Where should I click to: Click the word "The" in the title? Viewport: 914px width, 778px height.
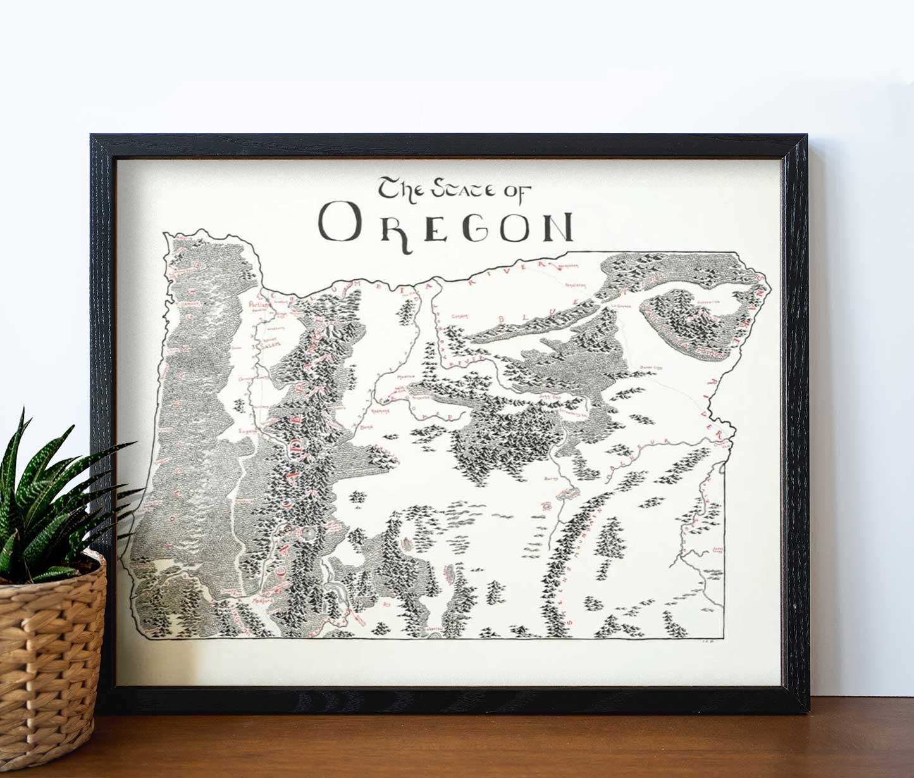point(398,189)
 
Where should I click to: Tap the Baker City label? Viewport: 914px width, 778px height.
point(650,367)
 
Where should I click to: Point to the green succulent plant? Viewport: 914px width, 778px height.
point(51,500)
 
